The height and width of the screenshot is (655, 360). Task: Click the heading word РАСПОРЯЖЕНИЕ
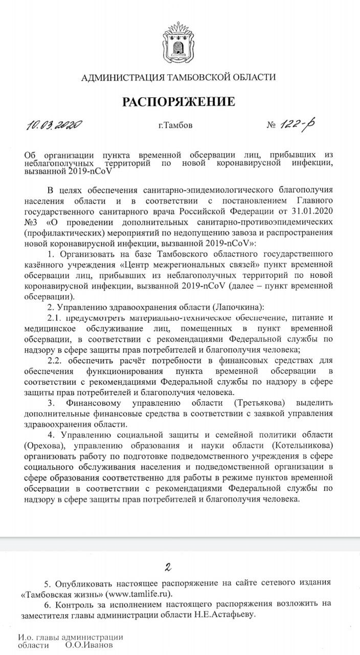(178, 101)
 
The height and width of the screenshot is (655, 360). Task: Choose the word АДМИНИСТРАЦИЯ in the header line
(121, 77)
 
